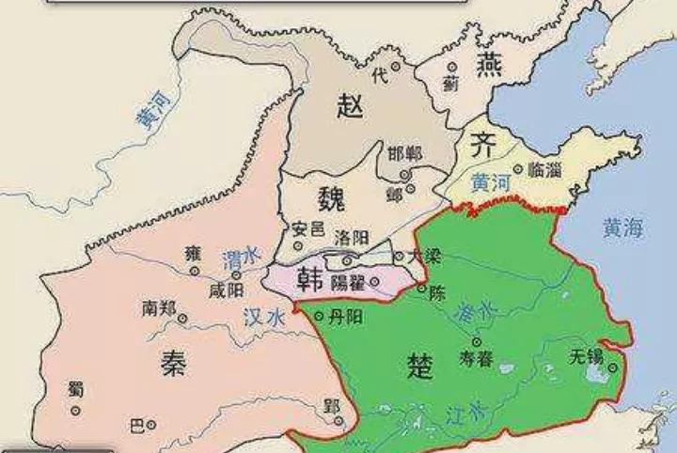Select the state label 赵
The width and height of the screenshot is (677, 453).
coord(350,105)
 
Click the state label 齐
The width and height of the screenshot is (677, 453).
coord(482,144)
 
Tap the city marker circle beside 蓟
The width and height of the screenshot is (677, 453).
coord(452,68)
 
